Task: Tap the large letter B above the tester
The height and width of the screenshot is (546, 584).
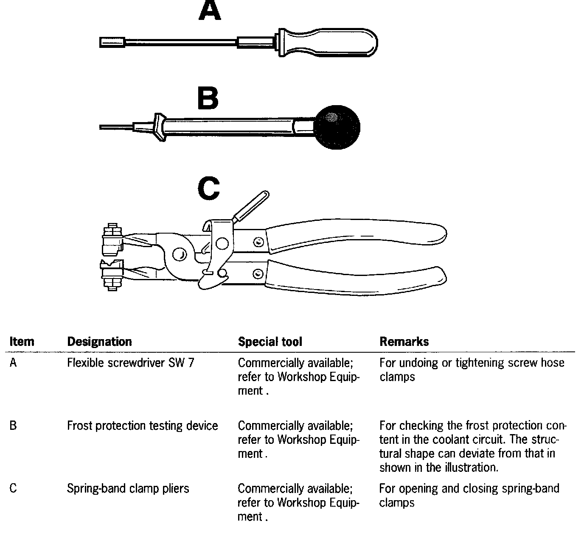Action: (208, 99)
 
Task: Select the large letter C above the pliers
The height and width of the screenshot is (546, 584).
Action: (208, 189)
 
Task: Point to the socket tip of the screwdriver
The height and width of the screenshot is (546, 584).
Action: (112, 42)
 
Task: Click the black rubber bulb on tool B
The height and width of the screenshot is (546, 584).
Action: (337, 127)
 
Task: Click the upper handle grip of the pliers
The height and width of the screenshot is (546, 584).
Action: (357, 236)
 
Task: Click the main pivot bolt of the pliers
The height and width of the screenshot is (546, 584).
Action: (180, 254)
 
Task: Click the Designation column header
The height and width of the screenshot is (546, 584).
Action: (99, 342)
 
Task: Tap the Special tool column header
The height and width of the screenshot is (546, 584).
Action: (270, 342)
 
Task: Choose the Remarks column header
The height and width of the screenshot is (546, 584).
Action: (404, 342)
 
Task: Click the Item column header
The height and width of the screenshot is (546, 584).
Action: (22, 342)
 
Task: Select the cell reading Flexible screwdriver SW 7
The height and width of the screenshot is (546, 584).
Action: (131, 363)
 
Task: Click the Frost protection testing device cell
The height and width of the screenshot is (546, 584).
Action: (143, 426)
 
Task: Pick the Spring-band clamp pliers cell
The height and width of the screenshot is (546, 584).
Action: (128, 488)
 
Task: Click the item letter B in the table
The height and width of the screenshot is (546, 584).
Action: (13, 426)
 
